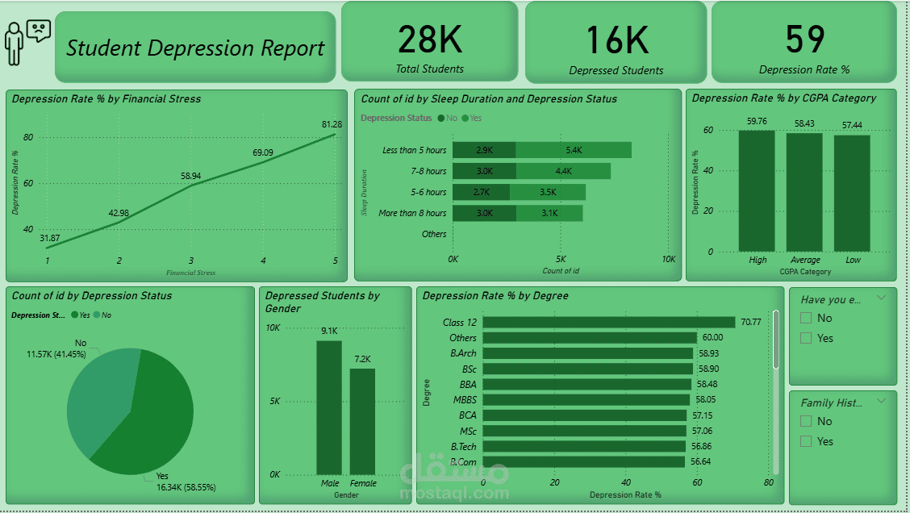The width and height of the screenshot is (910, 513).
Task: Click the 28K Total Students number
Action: (430, 39)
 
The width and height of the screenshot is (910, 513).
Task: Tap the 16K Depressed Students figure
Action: (616, 40)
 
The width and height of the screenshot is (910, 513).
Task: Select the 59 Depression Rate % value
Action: (804, 39)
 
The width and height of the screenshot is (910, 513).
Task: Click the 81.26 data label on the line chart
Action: (332, 124)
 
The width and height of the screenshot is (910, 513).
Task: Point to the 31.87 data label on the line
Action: (50, 238)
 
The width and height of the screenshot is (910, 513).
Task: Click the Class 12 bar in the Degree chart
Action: (608, 322)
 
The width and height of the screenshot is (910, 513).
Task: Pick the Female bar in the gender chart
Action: (362, 421)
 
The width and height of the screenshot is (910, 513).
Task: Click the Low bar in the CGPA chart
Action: (852, 194)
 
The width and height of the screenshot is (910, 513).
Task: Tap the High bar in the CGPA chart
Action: (757, 191)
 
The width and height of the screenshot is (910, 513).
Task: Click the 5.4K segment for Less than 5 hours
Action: (574, 150)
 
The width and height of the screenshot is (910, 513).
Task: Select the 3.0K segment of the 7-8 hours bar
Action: (484, 171)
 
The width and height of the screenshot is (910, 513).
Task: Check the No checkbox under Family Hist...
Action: (805, 421)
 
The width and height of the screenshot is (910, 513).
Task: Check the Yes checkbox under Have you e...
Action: (805, 338)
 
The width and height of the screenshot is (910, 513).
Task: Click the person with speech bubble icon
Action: (26, 40)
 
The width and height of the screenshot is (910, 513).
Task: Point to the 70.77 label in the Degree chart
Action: (751, 322)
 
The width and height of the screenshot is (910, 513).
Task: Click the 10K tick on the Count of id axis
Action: (668, 259)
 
